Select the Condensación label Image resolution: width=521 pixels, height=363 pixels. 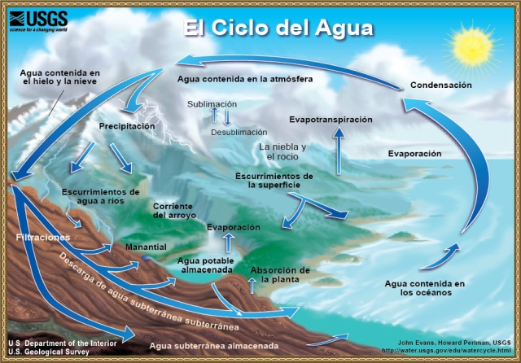pos(440,85)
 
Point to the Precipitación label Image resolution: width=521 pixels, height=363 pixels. pos(127,127)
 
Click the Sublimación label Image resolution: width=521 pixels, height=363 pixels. pos(212,104)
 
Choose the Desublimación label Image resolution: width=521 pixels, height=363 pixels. pos(239,132)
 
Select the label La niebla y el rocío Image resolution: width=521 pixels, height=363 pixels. pos(282,151)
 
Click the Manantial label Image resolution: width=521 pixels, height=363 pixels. pos(146,247)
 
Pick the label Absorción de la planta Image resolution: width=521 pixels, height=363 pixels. pos(280,274)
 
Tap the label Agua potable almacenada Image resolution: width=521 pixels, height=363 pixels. pos(206,265)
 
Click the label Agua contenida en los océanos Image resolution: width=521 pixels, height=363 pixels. pos(424,288)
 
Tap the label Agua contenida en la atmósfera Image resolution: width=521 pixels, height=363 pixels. pos(245,79)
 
